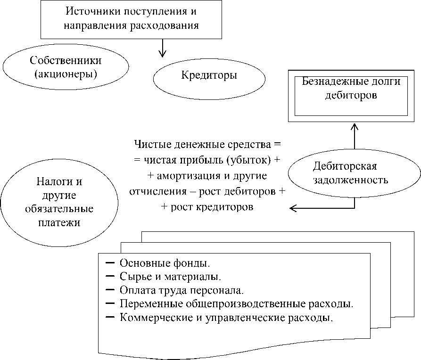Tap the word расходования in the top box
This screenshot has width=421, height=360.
[x=165, y=26]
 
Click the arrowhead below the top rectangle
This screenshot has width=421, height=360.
[x=162, y=53]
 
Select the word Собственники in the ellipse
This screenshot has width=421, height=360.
[x=66, y=60]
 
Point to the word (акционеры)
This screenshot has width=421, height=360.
[x=66, y=74]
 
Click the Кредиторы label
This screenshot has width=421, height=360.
[x=209, y=75]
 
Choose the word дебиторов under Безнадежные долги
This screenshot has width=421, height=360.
[x=351, y=95]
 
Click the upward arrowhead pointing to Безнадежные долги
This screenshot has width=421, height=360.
[x=355, y=127]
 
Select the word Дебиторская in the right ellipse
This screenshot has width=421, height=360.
[x=345, y=166]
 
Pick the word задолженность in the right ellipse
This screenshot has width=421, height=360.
[x=351, y=180]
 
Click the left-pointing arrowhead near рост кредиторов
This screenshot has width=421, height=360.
[x=293, y=208]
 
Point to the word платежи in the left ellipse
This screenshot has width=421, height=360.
[x=59, y=223]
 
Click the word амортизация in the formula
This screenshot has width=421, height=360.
[x=188, y=176]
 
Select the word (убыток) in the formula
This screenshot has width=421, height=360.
[x=248, y=160]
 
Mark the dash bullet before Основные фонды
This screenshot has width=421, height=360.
[x=110, y=263]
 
